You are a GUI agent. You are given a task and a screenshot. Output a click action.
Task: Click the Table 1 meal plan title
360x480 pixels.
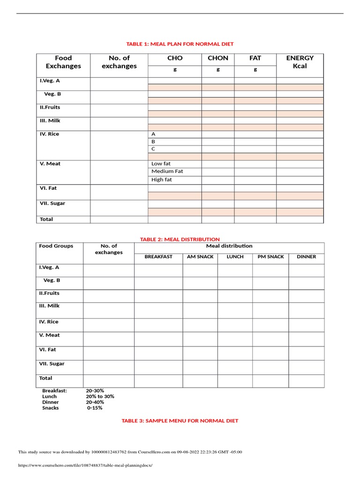[180, 44]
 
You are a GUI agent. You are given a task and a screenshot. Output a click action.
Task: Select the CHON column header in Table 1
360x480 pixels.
[218, 58]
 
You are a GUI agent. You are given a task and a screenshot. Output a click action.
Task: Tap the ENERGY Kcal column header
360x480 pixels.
[300, 62]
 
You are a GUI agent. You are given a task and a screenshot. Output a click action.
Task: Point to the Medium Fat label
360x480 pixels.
[167, 172]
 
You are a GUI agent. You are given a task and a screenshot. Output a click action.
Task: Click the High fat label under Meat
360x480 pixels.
[162, 180]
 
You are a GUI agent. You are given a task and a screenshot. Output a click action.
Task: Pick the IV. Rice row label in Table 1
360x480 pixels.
[49, 134]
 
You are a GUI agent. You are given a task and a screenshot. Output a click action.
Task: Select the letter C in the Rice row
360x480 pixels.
[153, 149]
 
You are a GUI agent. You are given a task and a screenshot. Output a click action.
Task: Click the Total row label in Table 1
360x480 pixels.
[46, 219]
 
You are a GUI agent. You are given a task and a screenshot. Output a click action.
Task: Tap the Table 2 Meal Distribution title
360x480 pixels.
[180, 240]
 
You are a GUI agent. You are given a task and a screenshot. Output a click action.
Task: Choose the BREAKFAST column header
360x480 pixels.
[158, 257]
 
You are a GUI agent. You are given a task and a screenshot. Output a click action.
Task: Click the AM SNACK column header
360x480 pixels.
[200, 257]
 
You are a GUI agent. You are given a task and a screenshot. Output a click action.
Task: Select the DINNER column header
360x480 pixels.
[307, 257]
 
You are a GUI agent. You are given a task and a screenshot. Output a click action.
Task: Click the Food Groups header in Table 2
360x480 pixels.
[56, 246]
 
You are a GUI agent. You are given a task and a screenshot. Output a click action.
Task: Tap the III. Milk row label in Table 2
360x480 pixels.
[49, 306]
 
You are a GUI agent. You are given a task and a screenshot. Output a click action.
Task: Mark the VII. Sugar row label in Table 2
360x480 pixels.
[52, 364]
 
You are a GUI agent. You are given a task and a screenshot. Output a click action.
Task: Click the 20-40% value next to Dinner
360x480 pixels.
[95, 402]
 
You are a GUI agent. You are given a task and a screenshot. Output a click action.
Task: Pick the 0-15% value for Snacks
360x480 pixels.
[95, 408]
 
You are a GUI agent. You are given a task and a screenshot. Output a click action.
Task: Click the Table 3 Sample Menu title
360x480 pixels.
[180, 421]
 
